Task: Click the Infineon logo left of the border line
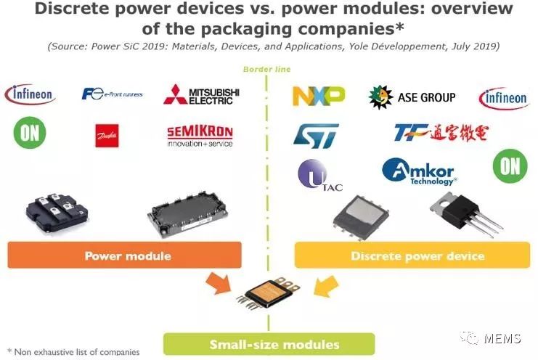point(30,94)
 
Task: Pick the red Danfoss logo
point(107,135)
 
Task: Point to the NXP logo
point(318,95)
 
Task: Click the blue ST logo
point(316,134)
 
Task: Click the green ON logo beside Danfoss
point(30,132)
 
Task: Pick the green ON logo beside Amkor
point(510,166)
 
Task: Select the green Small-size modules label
point(268,344)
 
